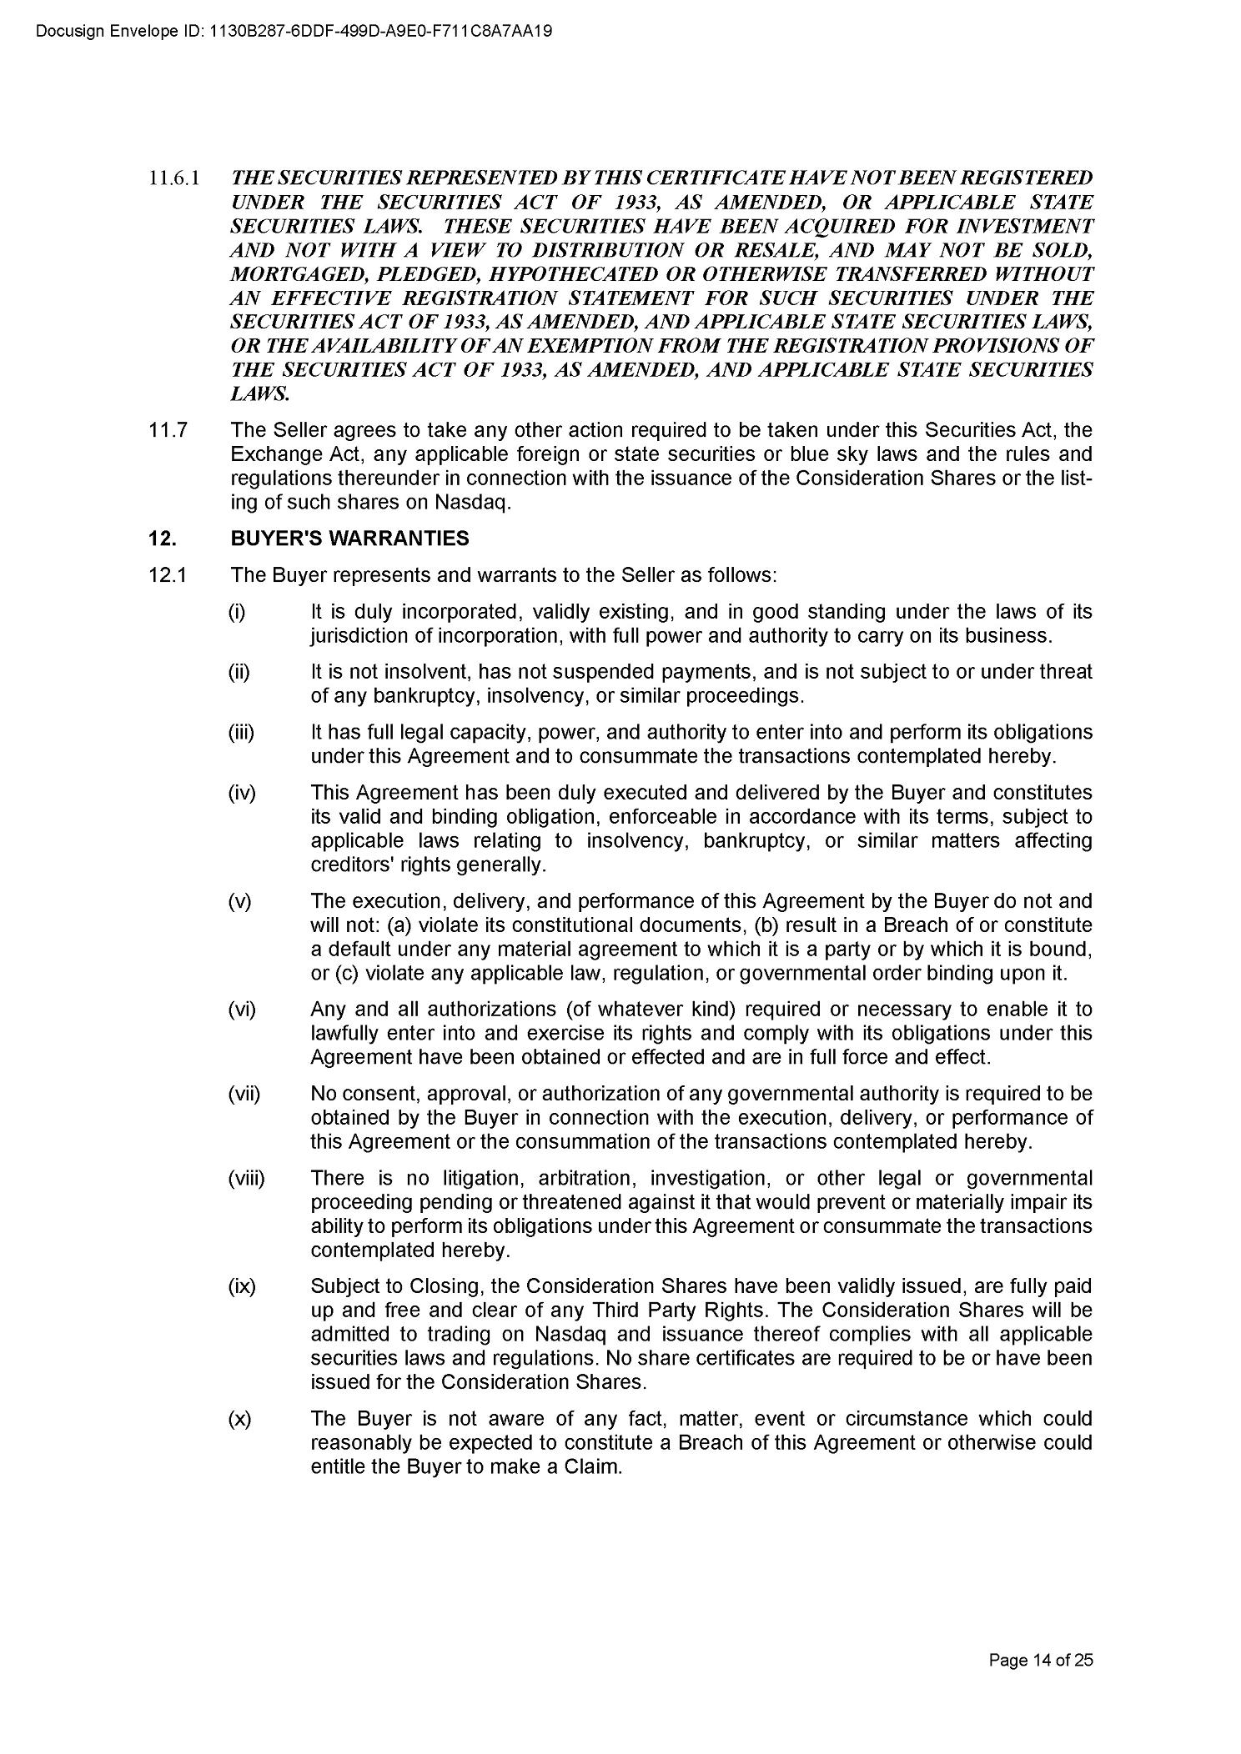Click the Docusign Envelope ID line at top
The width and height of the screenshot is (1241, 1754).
pos(284,32)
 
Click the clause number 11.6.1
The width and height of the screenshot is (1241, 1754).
pos(173,178)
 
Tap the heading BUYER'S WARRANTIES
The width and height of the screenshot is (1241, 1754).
pos(349,539)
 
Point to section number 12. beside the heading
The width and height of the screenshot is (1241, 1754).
pos(162,539)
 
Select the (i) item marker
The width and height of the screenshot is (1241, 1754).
pos(238,612)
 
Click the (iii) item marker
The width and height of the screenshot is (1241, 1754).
pos(241,732)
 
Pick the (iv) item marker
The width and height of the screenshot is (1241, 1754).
pos(242,792)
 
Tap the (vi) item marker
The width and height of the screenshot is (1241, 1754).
pos(242,1009)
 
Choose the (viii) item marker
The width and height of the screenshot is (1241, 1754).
pos(246,1178)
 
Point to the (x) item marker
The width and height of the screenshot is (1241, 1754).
pos(239,1419)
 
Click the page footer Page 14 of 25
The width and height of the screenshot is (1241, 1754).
pos(1040,1660)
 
